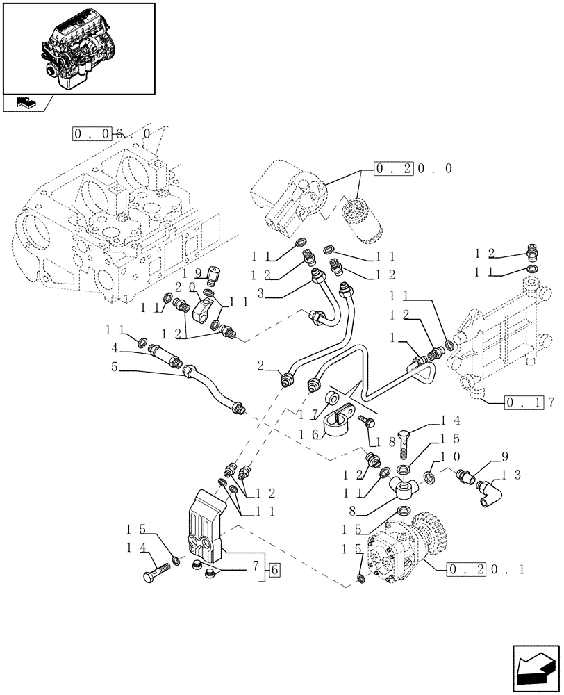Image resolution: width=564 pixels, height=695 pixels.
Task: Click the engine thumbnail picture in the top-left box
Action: pyautogui.click(x=78, y=47)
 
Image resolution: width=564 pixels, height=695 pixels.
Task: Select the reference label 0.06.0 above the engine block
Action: pyautogui.click(x=111, y=133)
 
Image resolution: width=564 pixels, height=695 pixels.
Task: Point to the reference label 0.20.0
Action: pyautogui.click(x=413, y=169)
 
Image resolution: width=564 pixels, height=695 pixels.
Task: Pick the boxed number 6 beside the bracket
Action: pyautogui.click(x=274, y=571)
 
